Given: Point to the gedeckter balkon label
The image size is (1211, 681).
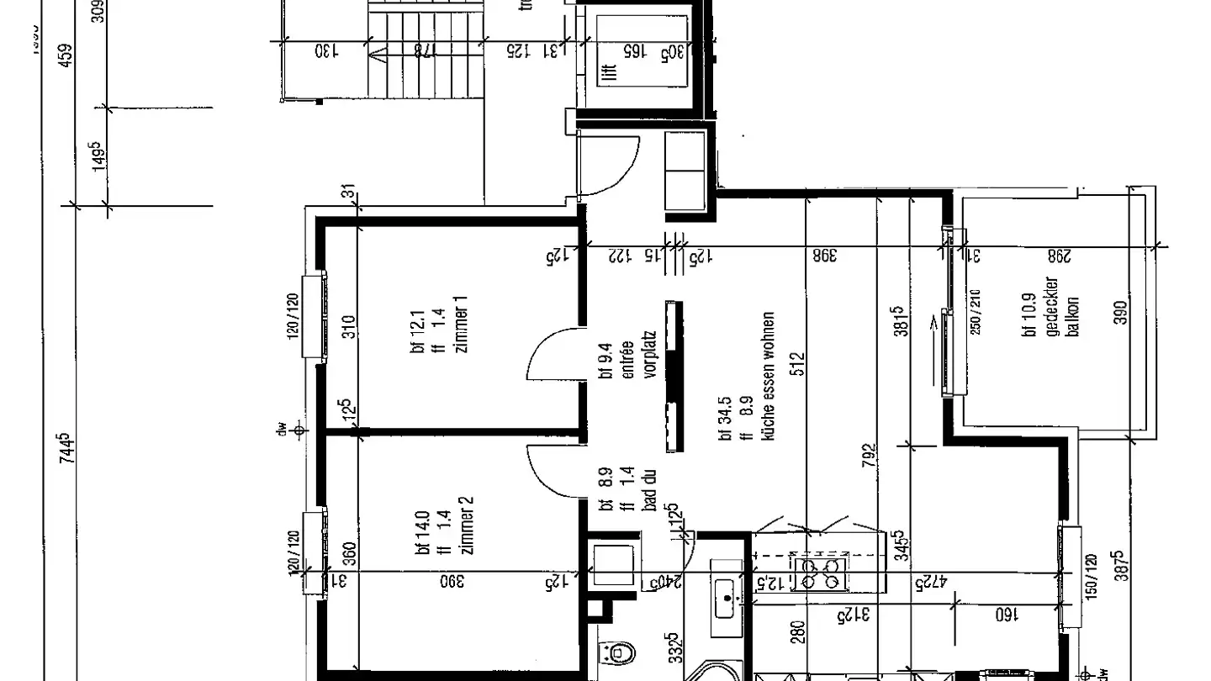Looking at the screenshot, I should (x=1061, y=307).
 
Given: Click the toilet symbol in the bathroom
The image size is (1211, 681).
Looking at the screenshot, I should (x=617, y=652).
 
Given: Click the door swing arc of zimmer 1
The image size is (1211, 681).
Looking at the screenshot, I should (x=551, y=353).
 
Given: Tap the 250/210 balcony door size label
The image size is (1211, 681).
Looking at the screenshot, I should (x=976, y=311).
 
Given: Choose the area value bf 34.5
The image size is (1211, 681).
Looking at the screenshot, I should (x=723, y=426).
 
